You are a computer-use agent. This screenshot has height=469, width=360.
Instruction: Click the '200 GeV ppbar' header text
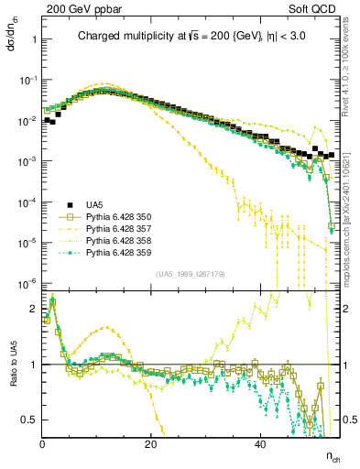[x=83, y=11]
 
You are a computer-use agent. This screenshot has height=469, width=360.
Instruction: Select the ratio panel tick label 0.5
[x=29, y=420]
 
